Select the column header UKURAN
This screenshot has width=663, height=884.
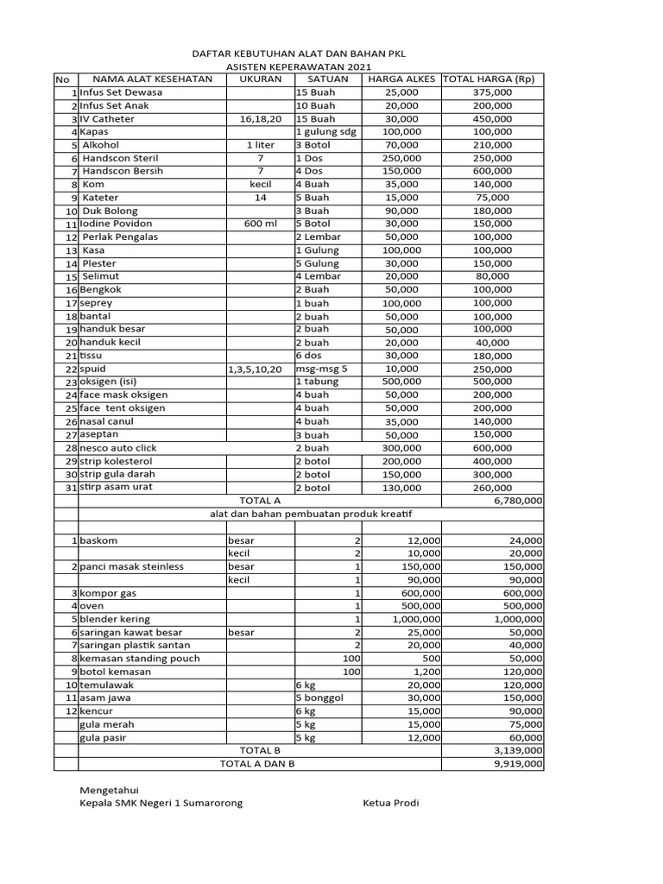249,79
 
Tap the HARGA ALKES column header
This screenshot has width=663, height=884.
401,79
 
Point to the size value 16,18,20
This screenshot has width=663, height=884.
249,119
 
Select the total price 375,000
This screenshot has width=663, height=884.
493,92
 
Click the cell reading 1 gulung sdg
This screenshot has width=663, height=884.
326,132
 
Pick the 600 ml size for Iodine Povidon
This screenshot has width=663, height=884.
249,224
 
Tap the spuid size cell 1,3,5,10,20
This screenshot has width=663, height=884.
255,369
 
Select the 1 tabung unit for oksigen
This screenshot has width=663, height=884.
318,382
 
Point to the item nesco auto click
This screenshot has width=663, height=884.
120,448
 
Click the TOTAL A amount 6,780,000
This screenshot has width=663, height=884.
518,500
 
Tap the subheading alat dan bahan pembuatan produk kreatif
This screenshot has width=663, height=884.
312,514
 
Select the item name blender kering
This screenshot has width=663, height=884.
115,619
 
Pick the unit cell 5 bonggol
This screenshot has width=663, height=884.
321,698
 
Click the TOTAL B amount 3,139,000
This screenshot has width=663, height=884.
518,751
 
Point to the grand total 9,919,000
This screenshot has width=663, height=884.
518,764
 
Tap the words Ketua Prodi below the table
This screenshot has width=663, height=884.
390,803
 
